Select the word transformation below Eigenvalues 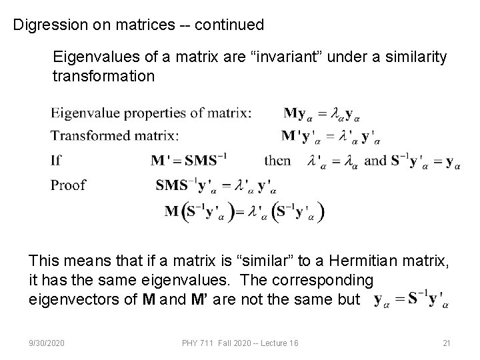pyautogui.click(x=103, y=75)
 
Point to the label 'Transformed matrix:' pyautogui.click(x=115, y=135)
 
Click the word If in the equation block pyautogui.click(x=56, y=160)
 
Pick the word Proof pyautogui.click(x=68, y=185)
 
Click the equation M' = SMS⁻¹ pyautogui.click(x=189, y=160)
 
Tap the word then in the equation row pyautogui.click(x=277, y=160)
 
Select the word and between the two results pyautogui.click(x=376, y=160)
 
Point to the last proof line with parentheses pyautogui.click(x=245, y=212)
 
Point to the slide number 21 pyautogui.click(x=447, y=343)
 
